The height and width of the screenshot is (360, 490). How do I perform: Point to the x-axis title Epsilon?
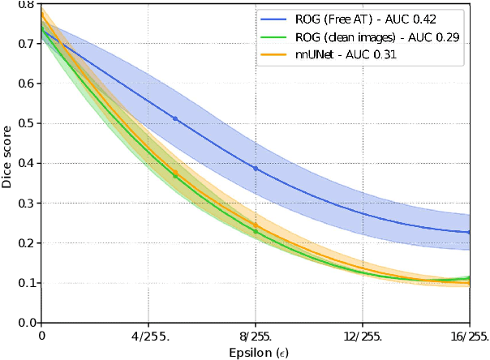pyautogui.click(x=255, y=352)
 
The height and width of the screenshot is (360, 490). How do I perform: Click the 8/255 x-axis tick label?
pyautogui.click(x=256, y=334)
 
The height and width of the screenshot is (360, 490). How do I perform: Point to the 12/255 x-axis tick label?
pyautogui.click(x=363, y=334)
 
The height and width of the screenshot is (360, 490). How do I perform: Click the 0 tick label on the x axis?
pyautogui.click(x=41, y=334)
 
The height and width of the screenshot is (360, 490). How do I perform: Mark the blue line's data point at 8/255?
pyautogui.click(x=256, y=169)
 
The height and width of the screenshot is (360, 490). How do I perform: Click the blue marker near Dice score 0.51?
pyautogui.click(x=175, y=119)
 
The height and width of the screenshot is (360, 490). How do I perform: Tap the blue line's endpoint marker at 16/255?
pyautogui.click(x=469, y=232)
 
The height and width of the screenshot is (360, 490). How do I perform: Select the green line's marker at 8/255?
pyautogui.click(x=256, y=232)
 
